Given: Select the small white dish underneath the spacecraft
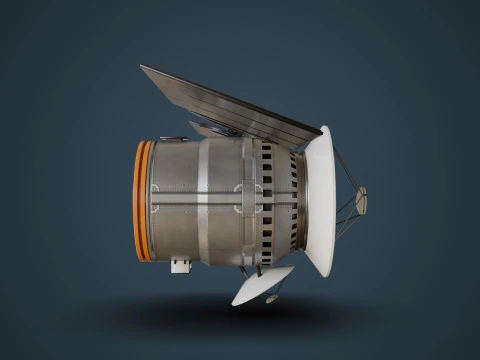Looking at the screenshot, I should coord(262,284).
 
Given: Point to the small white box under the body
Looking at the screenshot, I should coord(181,264).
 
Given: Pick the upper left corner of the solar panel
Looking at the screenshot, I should coord(142,68).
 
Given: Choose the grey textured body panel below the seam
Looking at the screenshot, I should coord(180,226).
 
